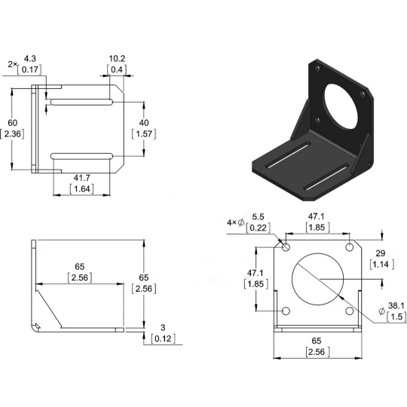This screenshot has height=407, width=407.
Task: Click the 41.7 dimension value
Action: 81,178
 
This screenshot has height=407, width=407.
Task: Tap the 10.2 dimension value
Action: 117,59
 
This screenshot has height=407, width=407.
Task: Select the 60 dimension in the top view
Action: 13,123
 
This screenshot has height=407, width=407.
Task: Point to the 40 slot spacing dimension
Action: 144,123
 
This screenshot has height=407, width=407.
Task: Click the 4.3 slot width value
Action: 30,59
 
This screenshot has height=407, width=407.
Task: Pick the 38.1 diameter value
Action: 396,306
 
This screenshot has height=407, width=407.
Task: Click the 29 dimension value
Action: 381,253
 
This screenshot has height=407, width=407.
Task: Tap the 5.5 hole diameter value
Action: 258,217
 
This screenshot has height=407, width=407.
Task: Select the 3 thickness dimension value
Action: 163,328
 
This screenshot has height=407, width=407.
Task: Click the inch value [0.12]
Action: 164,338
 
